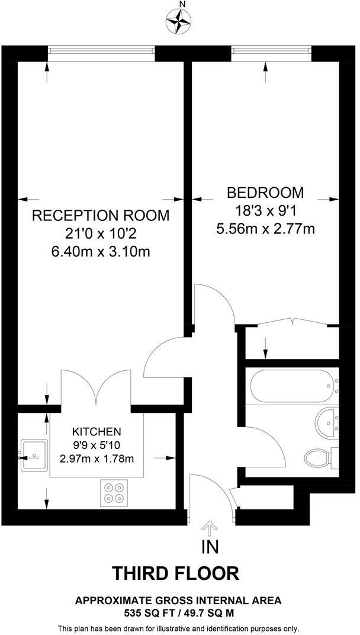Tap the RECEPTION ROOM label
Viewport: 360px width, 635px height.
pos(100,215)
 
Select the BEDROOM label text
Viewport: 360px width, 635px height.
pos(265,193)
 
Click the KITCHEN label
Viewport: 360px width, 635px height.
pos(97,431)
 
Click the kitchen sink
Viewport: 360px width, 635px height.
pos(34,455)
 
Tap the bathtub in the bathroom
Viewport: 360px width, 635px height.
pos(293,386)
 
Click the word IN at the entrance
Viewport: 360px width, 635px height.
pos(210,546)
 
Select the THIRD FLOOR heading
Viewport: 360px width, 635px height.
pos(176,573)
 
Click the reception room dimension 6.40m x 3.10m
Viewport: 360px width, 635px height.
pos(100,252)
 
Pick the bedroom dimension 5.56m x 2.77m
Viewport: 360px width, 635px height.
pos(265,229)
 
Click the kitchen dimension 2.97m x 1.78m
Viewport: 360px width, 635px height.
pos(97,458)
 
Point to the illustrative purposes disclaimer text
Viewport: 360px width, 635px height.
pos(178,628)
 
